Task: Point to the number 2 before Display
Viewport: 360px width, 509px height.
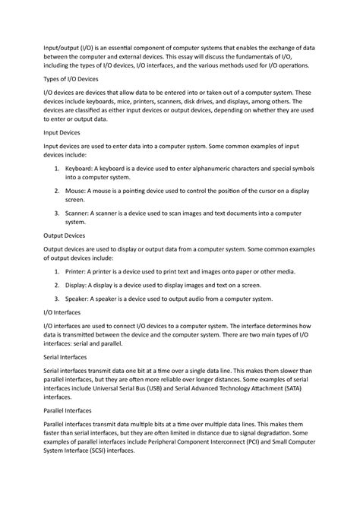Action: click(x=60, y=285)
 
